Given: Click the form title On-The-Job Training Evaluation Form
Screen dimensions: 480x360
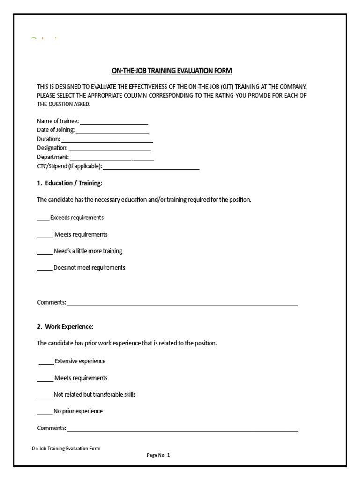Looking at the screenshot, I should [x=172, y=71].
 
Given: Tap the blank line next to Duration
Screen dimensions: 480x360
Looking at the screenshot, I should [x=107, y=141].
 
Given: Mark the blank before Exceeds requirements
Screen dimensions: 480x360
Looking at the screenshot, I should [x=43, y=219].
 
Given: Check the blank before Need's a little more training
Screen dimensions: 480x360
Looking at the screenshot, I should [x=45, y=253].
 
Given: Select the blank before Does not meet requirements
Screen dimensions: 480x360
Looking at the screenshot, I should [x=45, y=269].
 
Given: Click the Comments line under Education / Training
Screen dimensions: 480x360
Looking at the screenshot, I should [x=183, y=304].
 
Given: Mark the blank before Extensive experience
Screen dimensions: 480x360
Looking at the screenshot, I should [x=46, y=363].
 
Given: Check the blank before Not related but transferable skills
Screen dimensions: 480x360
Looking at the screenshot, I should [x=45, y=396].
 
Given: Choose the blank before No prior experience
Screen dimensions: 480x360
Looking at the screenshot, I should [x=45, y=413].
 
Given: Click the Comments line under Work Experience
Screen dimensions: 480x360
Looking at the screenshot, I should [x=183, y=430].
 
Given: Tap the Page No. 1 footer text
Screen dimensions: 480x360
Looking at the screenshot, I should [x=158, y=455].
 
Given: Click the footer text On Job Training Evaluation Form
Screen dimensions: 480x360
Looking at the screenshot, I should [x=66, y=448].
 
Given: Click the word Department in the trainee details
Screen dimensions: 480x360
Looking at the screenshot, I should [x=52, y=157].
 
